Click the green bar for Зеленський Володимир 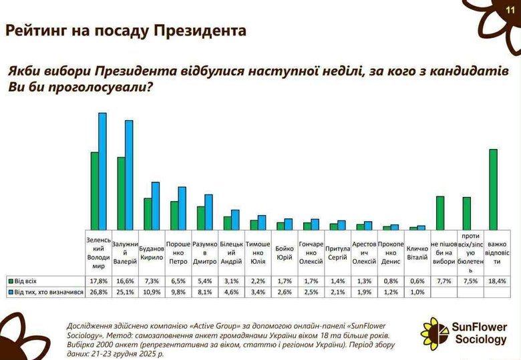[x=95, y=191]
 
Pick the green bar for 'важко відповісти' [x=493, y=190]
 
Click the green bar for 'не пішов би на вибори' [x=440, y=213]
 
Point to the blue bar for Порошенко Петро [x=182, y=208]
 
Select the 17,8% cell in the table [x=98, y=281]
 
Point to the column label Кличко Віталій [x=417, y=252]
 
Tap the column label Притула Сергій [x=337, y=252]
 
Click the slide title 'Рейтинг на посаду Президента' [x=126, y=31]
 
